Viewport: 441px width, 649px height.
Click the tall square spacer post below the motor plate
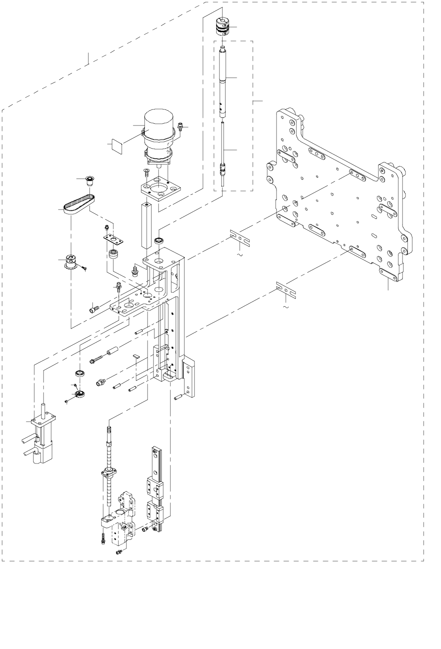pos(146,226)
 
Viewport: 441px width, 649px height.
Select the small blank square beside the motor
pos(116,145)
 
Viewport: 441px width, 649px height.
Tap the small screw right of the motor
pos(181,126)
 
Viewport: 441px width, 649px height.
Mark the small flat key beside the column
pos(136,357)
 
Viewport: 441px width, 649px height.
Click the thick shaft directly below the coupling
pos(223,80)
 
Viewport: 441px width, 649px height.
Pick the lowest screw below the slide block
pos(118,552)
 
